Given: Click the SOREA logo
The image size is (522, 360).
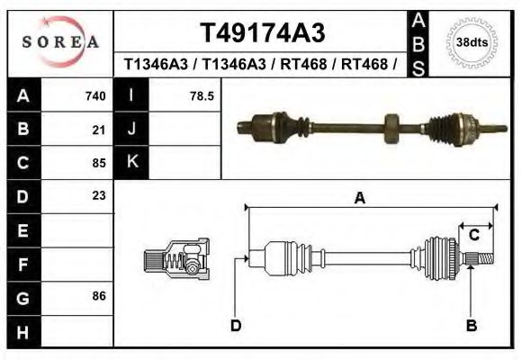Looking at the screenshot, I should tap(60, 42).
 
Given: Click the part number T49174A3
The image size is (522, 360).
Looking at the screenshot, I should tap(261, 33).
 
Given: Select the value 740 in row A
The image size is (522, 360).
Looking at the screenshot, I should tap(95, 96).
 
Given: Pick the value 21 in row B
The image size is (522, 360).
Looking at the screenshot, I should tap(99, 130).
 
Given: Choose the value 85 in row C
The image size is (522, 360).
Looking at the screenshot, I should tap(99, 163).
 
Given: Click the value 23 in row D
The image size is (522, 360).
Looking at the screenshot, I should tap(99, 195).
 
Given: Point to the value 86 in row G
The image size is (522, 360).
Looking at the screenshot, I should tap(99, 295).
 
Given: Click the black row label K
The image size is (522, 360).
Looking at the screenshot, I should tap(131, 162).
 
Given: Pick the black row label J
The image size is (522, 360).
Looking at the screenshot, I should tap(131, 130).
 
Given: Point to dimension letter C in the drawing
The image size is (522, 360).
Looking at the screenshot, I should tap(473, 236).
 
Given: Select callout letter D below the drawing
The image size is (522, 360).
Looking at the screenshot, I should tap(235, 325).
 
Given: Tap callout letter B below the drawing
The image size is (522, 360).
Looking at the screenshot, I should tap(471, 325).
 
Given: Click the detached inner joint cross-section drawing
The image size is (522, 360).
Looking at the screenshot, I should tap(176, 259).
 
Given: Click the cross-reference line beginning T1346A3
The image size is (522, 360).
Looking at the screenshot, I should tap(261, 65).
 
